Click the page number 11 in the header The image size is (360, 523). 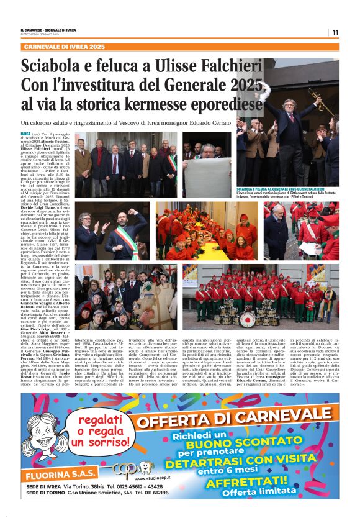point(335,33)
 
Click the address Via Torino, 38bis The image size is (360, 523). point(96,485)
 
